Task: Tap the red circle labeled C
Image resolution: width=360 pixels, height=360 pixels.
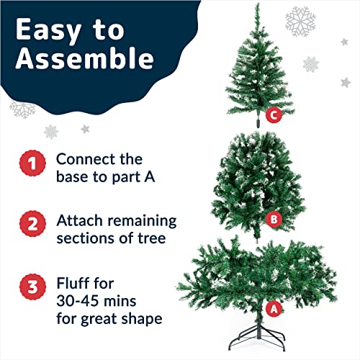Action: tap(273, 114)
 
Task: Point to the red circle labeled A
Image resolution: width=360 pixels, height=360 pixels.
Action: tap(273, 307)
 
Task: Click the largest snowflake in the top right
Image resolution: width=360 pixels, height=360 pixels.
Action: tap(300, 22)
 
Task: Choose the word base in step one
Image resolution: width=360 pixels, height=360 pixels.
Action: tap(73, 177)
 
